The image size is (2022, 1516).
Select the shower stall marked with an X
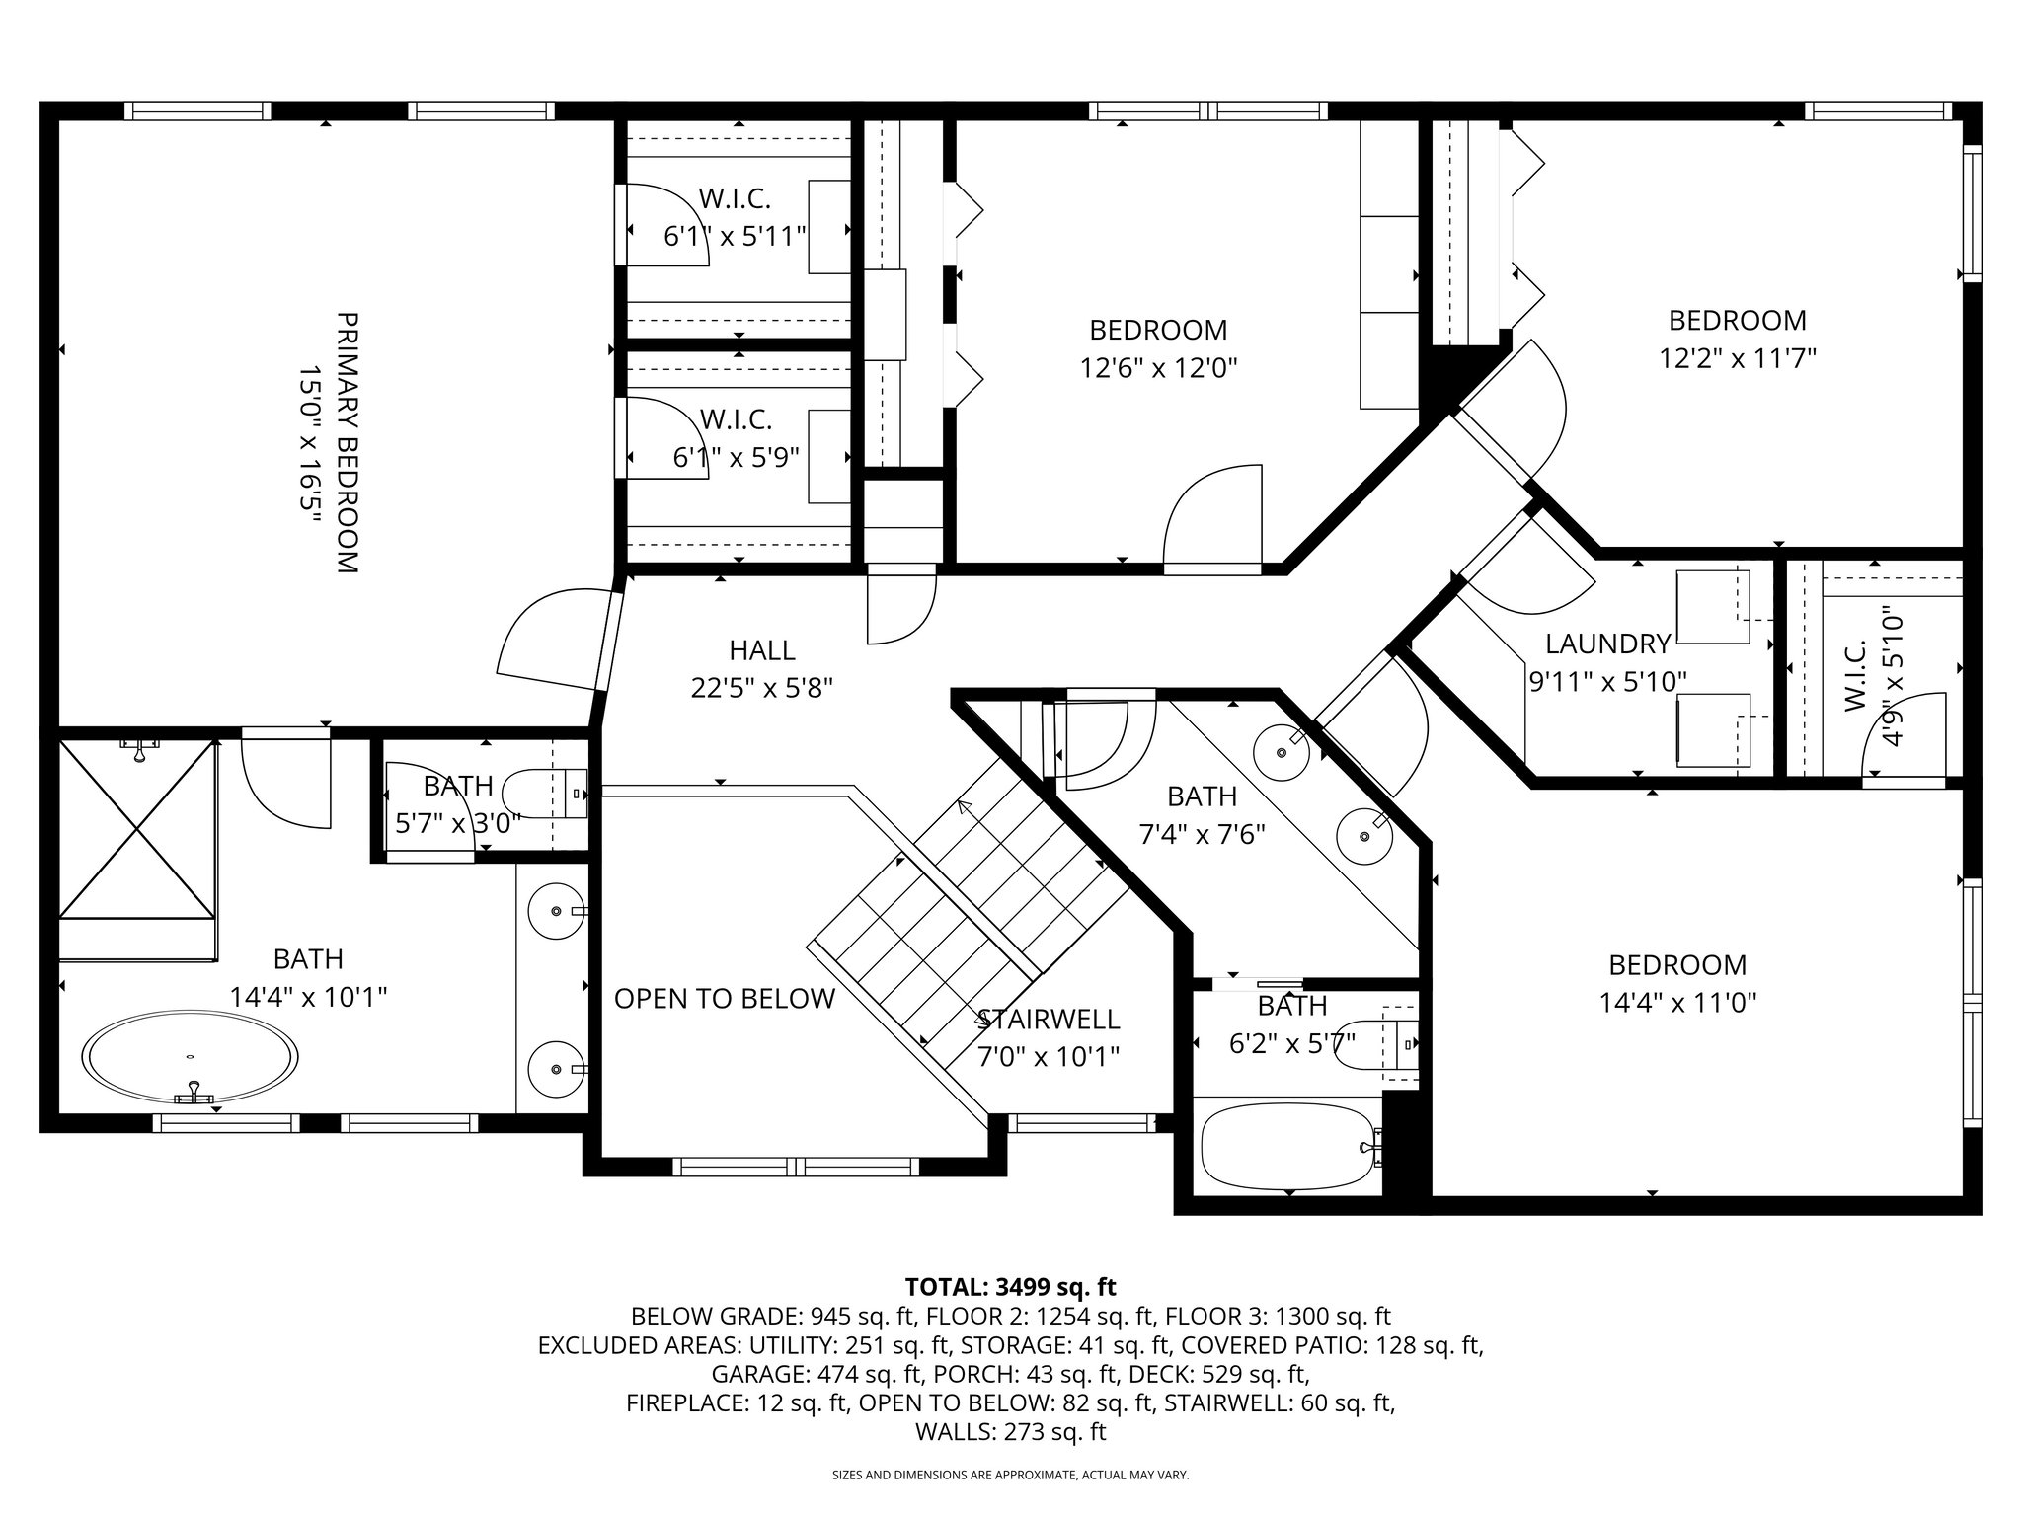tap(137, 830)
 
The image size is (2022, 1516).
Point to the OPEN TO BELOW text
tap(724, 999)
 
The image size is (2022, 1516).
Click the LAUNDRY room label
tap(1607, 644)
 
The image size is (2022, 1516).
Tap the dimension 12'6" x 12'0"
tap(1158, 368)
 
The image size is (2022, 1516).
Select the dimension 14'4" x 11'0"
tap(1677, 1003)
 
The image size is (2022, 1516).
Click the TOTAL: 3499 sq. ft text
tap(1010, 1287)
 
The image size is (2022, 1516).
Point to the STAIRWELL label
tap(1048, 1019)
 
